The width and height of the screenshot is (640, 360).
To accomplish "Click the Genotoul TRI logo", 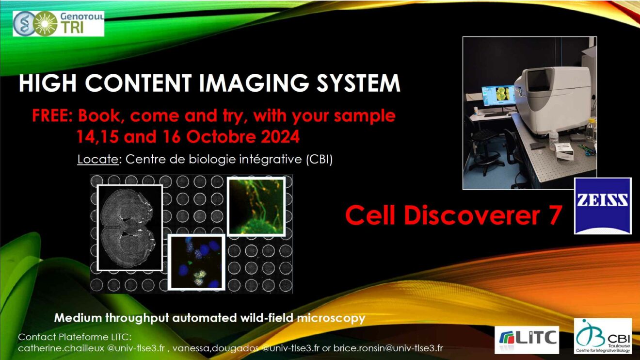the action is pyautogui.click(x=59, y=24).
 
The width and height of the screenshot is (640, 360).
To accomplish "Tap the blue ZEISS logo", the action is pyautogui.click(x=603, y=206).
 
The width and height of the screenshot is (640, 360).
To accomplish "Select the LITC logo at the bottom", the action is pyautogui.click(x=527, y=339).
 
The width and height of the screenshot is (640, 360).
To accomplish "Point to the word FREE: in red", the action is pyautogui.click(x=52, y=115).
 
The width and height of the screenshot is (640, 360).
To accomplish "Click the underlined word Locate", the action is pyautogui.click(x=98, y=160).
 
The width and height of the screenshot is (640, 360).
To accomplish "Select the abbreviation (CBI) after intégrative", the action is pyautogui.click(x=320, y=160).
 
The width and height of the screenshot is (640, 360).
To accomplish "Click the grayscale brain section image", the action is pyautogui.click(x=130, y=228).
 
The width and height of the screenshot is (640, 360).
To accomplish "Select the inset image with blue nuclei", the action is pyautogui.click(x=196, y=262).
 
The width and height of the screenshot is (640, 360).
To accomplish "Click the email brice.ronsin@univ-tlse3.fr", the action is pyautogui.click(x=388, y=348).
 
